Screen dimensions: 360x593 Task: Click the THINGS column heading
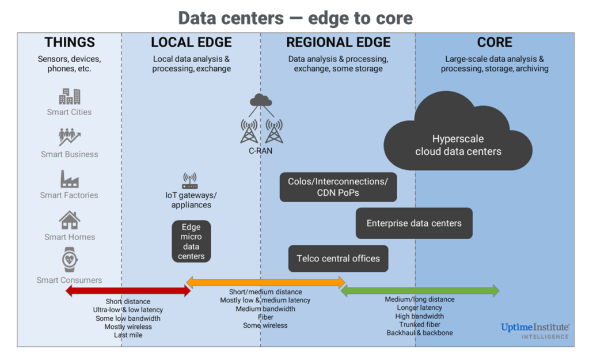tap(70, 42)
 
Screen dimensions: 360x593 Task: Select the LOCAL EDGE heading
tap(191, 42)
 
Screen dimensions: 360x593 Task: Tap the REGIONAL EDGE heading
tap(338, 42)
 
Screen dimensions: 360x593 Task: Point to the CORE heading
tap(495, 42)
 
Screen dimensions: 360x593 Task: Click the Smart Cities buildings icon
tap(70, 96)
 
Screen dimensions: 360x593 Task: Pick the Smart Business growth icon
tap(69, 137)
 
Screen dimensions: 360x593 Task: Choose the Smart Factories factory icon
tap(69, 179)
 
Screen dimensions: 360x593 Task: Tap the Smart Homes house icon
tap(69, 220)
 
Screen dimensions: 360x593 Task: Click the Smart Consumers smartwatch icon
tap(70, 260)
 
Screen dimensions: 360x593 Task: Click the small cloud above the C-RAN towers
tap(261, 100)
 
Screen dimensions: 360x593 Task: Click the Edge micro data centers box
tap(191, 241)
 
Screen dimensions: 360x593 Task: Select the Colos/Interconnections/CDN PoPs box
tap(338, 187)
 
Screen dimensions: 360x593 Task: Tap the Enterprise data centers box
tap(414, 223)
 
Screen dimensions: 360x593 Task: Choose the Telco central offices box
tap(338, 259)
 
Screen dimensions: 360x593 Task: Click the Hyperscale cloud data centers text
tap(458, 145)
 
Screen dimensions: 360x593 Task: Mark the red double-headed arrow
tap(127, 291)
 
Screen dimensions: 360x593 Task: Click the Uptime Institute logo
tap(534, 330)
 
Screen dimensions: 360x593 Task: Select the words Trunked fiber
tap(420, 324)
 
